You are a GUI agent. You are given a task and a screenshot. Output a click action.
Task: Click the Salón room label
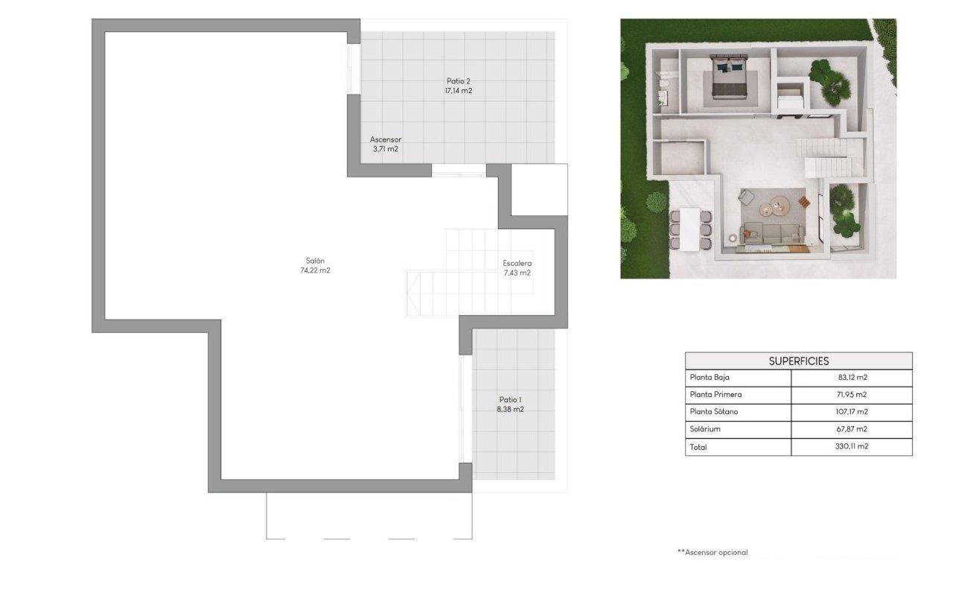pos(315,260)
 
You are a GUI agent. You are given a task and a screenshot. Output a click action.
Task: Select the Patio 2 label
pos(458,81)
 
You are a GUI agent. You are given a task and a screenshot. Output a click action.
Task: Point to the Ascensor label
pos(386,139)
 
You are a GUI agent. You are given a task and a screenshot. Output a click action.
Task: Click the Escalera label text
pos(517,263)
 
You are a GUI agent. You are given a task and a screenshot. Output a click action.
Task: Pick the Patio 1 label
pos(510,400)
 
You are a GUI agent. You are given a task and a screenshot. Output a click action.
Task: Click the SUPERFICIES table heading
pos(798,361)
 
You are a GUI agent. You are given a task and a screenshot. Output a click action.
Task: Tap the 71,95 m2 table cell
pos(852,395)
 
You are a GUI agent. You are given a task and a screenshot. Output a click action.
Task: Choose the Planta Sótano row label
pos(714,412)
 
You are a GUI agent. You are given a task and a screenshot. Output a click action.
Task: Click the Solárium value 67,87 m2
pos(852,429)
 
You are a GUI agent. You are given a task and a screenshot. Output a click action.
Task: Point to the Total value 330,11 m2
pos(852,447)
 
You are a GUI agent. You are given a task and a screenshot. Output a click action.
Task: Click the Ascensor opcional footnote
pos(712,553)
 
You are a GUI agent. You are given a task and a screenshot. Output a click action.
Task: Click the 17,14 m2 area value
pos(458,91)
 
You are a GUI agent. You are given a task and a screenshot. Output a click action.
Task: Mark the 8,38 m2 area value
pos(510,410)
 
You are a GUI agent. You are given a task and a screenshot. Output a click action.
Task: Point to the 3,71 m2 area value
pos(386,149)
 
